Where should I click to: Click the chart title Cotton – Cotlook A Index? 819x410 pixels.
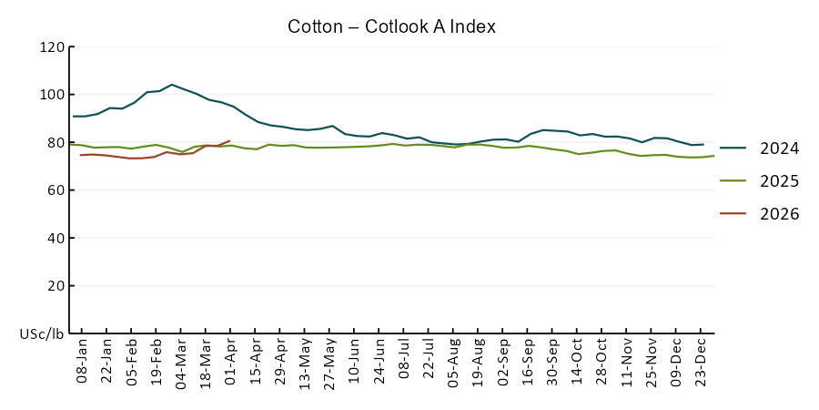pyautogui.click(x=391, y=26)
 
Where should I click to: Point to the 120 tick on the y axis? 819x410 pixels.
pyautogui.click(x=52, y=47)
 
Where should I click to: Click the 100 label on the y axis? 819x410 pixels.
pyautogui.click(x=52, y=95)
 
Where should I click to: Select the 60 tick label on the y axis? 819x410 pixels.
pyautogui.click(x=55, y=190)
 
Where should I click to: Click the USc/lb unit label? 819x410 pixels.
pyautogui.click(x=42, y=334)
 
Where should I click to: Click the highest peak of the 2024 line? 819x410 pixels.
pyautogui.click(x=172, y=85)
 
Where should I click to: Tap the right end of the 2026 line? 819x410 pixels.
pyautogui.click(x=229, y=140)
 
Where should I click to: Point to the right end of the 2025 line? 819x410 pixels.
pyautogui.click(x=714, y=156)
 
